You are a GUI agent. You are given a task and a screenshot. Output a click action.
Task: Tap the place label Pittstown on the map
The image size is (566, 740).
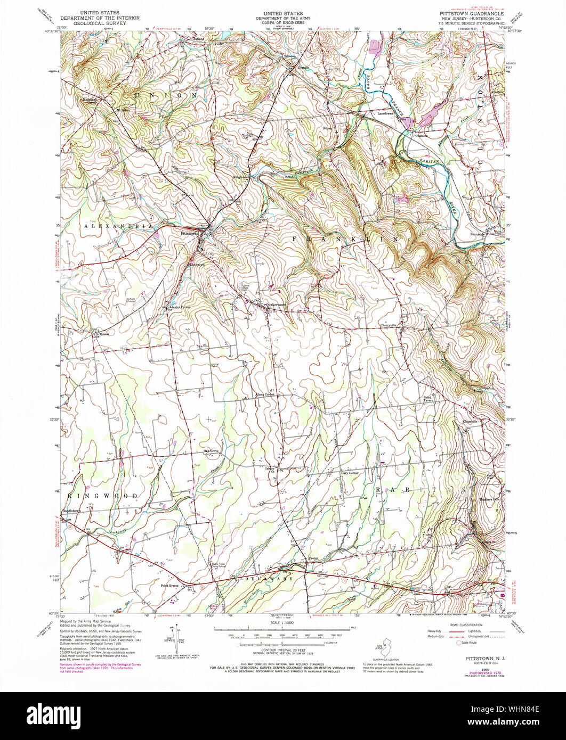(189, 234)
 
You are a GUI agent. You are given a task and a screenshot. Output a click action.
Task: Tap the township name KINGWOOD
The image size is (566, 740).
(103, 496)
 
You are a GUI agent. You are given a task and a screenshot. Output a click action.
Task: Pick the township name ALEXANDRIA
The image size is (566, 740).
(118, 226)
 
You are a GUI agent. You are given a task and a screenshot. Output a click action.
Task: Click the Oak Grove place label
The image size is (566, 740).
(211, 451)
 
